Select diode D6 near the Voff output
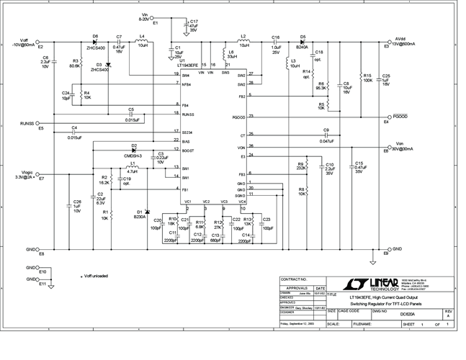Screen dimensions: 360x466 click(x=94, y=42)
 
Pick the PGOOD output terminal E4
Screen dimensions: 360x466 click(x=387, y=117)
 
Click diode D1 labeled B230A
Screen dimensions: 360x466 click(x=147, y=212)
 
